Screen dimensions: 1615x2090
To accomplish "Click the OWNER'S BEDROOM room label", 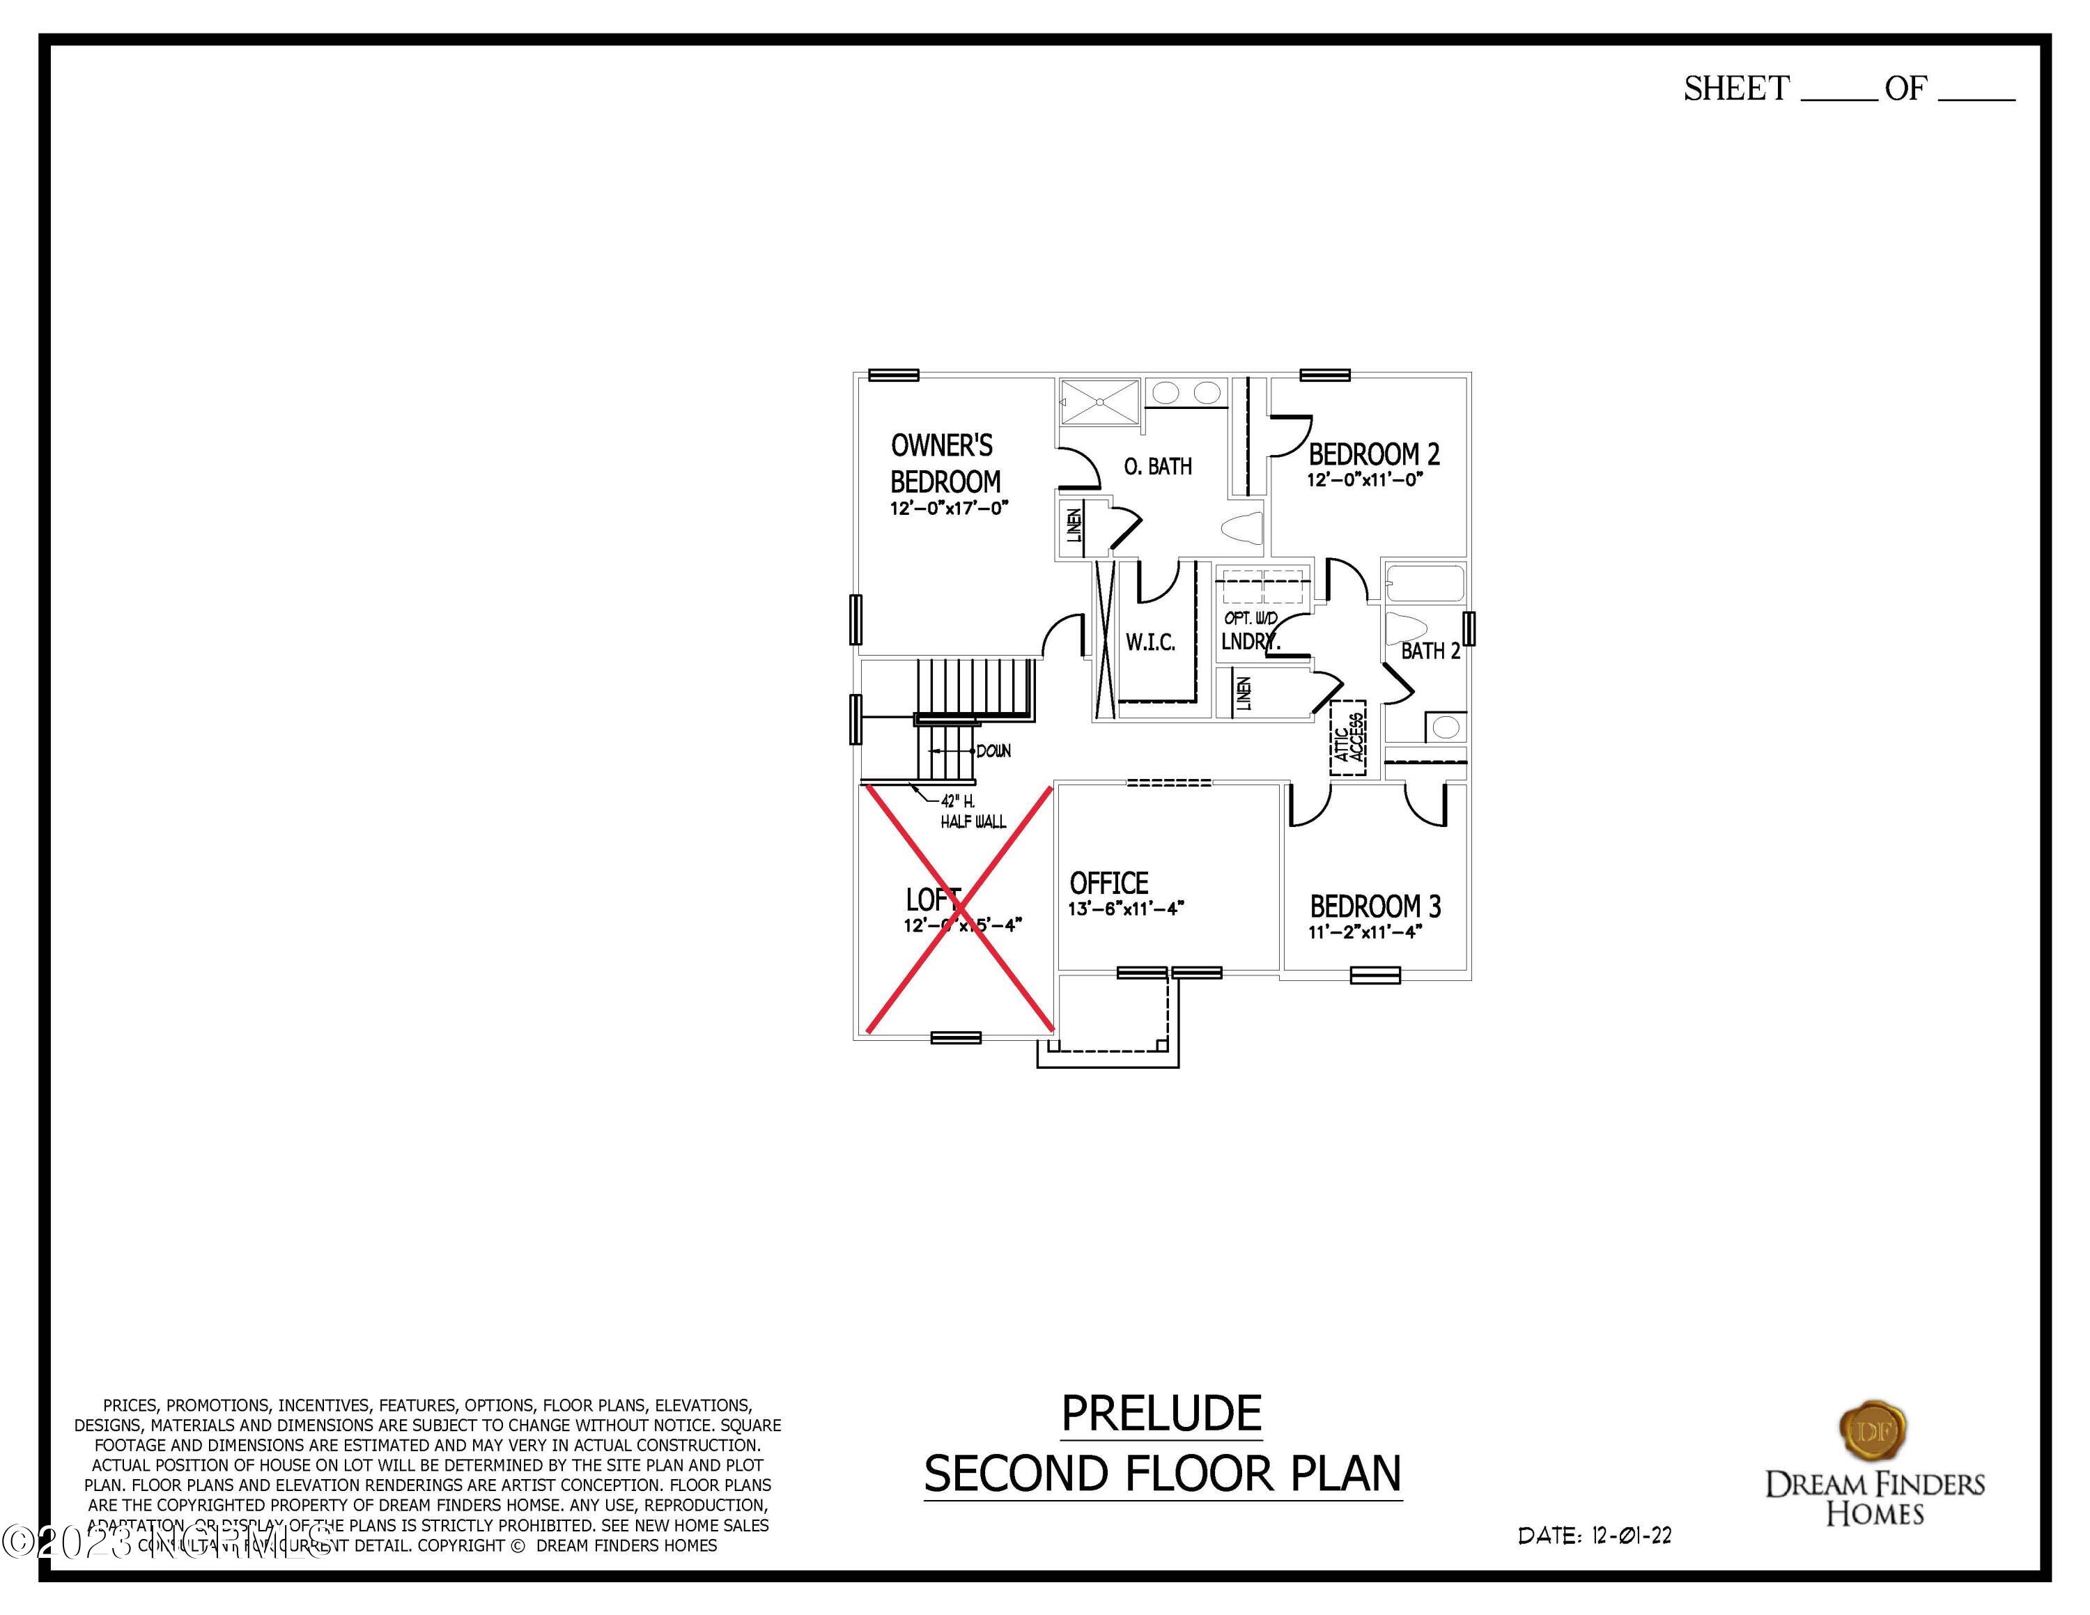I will (x=945, y=463).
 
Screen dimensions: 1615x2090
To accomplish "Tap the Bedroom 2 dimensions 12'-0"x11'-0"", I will (x=1365, y=479).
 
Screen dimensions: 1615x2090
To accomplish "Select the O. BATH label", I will (x=1158, y=467).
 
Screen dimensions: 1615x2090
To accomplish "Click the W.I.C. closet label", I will (x=1150, y=642).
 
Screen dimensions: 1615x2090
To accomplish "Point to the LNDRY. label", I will (x=1250, y=642).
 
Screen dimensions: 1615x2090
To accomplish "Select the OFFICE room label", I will (x=1109, y=882).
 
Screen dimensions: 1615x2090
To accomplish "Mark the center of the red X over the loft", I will (x=960, y=909).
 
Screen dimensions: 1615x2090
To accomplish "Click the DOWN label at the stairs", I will (x=993, y=751).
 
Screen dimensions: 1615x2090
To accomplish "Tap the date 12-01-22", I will (x=1632, y=1536).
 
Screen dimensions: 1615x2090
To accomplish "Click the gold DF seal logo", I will (x=1874, y=1431).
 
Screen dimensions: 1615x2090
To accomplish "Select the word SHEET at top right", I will (x=1736, y=89).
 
